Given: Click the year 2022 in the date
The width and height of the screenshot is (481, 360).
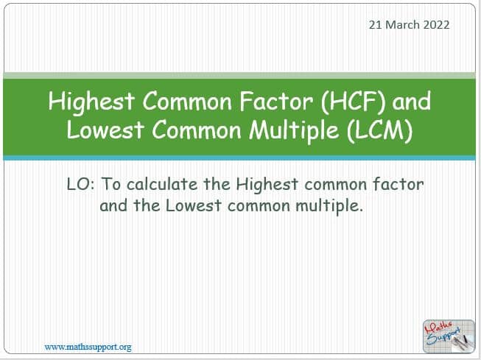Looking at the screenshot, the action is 436,25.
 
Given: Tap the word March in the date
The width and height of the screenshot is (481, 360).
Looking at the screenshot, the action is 402,25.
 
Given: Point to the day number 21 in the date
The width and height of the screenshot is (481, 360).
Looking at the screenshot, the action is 375,25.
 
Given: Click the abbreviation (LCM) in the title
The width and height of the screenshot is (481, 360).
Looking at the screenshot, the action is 380,130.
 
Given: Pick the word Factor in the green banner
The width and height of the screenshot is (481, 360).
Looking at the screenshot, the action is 275,102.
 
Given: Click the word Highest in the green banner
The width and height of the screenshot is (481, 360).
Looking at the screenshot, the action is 91,102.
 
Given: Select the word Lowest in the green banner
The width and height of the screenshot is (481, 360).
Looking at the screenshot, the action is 105,130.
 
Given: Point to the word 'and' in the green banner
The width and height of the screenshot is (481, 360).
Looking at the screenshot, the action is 411,102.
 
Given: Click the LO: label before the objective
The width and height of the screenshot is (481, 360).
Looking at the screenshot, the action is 81,184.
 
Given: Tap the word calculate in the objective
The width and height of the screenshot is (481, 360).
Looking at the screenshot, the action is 162,184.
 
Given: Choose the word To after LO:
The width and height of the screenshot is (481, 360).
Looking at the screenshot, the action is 110,184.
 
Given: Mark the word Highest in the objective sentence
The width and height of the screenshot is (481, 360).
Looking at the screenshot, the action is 267,185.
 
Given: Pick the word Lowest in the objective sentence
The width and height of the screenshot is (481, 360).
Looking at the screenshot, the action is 194,205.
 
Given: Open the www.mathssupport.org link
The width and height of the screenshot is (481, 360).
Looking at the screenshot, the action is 88,347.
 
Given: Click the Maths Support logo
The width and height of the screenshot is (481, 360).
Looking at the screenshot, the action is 449,336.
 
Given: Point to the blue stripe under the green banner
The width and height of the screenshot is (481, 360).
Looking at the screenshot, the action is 239,158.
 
